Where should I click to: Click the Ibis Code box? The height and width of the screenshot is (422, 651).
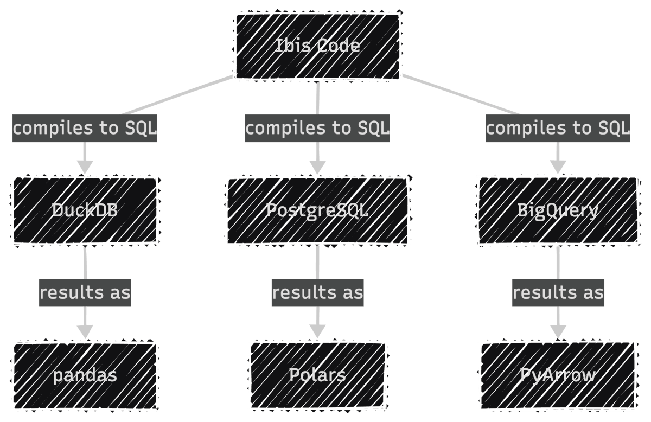(x=317, y=46)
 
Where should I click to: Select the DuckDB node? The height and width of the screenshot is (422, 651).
(x=85, y=210)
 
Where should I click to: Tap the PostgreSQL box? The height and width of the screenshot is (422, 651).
(x=317, y=210)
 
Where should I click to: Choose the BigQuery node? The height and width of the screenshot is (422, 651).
(x=558, y=210)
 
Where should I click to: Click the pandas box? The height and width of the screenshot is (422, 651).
(x=85, y=375)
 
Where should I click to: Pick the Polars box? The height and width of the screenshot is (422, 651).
(x=317, y=375)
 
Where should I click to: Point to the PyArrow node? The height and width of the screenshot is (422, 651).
(x=558, y=375)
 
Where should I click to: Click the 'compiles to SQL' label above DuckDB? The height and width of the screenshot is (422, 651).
(x=85, y=129)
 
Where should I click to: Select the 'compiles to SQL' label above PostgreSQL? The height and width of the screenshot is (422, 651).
(x=317, y=129)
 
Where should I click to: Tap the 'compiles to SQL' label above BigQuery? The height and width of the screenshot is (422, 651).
(x=558, y=129)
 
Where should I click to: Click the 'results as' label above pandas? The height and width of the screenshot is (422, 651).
(x=85, y=293)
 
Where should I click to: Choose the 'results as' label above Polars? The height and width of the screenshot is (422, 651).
(x=317, y=293)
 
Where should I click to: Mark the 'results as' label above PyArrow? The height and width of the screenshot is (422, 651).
(x=558, y=293)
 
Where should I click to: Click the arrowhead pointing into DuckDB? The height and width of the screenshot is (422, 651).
(x=85, y=167)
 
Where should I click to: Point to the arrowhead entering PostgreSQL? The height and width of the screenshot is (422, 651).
(x=317, y=167)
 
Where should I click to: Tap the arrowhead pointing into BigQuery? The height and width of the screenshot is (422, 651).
(x=558, y=167)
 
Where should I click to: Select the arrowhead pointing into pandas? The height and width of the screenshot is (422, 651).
(x=85, y=331)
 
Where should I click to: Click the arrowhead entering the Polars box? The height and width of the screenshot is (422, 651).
(x=317, y=331)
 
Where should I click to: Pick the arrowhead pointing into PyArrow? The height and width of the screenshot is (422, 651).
(x=558, y=331)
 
